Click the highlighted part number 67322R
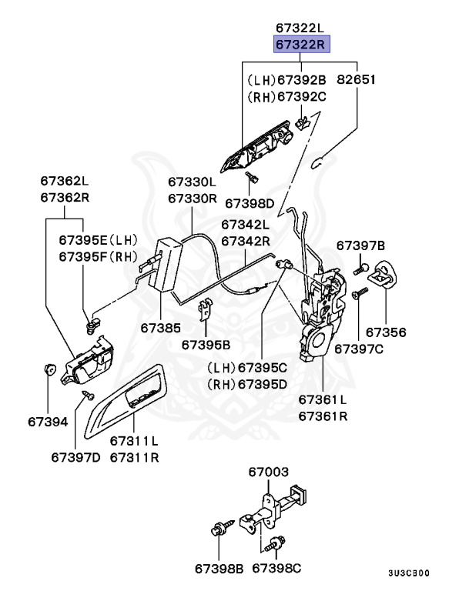tap(303, 45)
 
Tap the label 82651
tap(357, 79)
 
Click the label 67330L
tap(193, 182)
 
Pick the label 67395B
tap(206, 346)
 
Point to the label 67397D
tap(76, 457)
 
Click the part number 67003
tap(268, 471)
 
